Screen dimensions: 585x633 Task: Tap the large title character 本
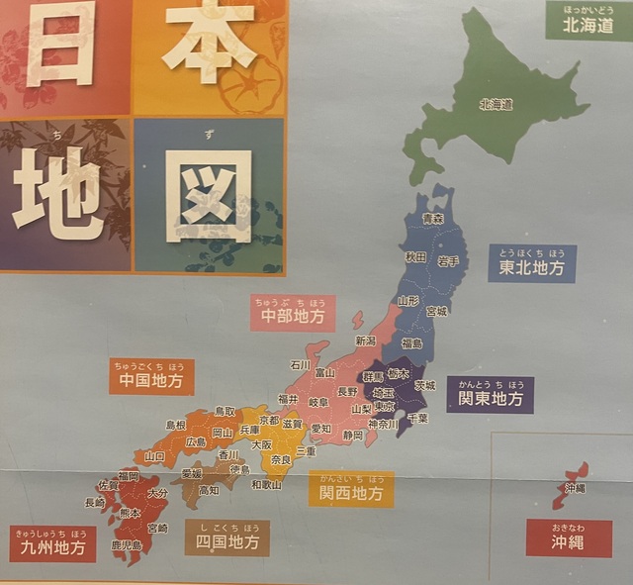(207, 42)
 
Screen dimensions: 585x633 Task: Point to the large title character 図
(209, 194)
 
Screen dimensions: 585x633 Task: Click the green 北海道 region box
(588, 23)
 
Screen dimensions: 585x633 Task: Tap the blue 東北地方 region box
(532, 265)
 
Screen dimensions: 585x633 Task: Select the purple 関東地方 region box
(490, 396)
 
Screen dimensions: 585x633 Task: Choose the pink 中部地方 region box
(293, 314)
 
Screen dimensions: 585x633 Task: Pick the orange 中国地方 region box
(151, 377)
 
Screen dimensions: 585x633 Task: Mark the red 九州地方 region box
(52, 543)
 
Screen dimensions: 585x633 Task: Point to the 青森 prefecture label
(432, 219)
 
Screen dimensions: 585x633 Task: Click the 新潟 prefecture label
(365, 341)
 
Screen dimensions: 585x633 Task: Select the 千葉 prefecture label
(418, 419)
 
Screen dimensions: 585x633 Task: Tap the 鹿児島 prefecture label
(127, 545)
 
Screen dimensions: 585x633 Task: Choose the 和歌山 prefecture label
(266, 485)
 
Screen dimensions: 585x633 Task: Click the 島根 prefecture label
(176, 425)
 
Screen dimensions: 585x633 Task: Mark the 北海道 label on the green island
(496, 103)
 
